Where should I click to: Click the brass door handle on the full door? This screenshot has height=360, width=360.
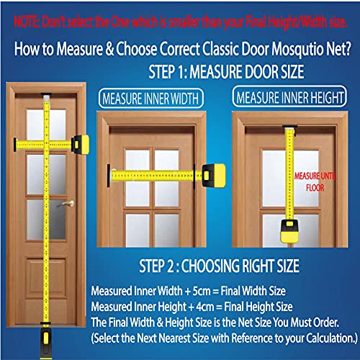[x=68, y=204]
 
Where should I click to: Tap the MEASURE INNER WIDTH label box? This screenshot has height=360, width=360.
[x=151, y=99]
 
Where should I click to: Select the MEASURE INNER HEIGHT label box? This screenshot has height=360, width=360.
[x=289, y=96]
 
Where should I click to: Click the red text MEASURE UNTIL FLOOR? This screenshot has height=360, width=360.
[x=315, y=181]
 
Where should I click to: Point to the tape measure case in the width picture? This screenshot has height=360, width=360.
[x=214, y=176]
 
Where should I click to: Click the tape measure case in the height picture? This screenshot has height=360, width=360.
[x=289, y=230]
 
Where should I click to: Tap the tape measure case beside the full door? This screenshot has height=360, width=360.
[x=81, y=145]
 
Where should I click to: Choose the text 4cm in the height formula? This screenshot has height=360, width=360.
[x=204, y=307]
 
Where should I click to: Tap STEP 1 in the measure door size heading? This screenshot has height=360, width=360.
[x=168, y=72]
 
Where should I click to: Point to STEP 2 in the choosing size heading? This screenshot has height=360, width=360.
[x=159, y=266]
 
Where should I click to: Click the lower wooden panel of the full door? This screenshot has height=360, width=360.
[x=46, y=278]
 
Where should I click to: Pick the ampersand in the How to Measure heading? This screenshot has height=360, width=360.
[x=109, y=49]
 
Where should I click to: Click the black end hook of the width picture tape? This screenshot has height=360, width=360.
[x=109, y=176]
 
